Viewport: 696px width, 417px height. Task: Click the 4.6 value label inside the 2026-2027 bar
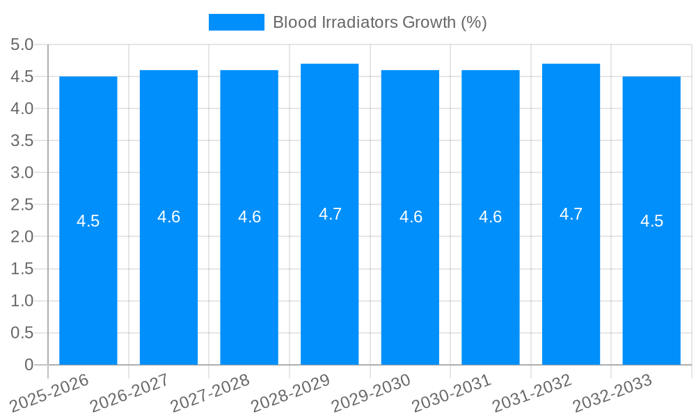(x=169, y=217)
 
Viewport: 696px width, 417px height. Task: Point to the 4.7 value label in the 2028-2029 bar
(x=330, y=214)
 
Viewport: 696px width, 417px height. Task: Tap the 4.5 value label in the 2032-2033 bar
(x=651, y=221)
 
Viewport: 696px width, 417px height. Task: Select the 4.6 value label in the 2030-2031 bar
(x=491, y=217)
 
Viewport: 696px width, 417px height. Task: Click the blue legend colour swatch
(x=237, y=22)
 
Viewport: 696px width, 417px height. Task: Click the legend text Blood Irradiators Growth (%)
(x=379, y=22)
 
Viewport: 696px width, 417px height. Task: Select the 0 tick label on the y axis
(x=29, y=365)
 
